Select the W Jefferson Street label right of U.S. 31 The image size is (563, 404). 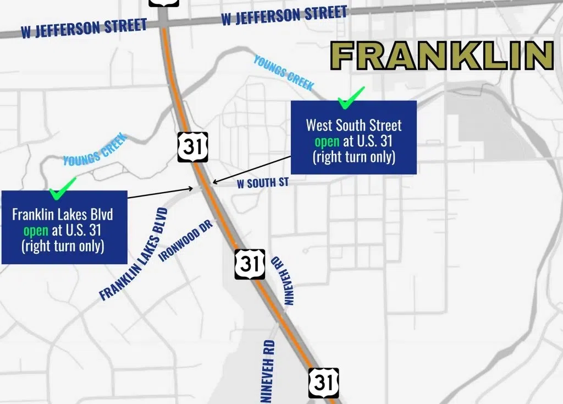click(284, 15)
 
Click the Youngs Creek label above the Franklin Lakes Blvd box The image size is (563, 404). click(95, 150)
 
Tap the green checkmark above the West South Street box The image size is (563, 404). click(351, 97)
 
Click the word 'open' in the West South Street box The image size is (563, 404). click(327, 141)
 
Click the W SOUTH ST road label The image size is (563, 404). click(262, 183)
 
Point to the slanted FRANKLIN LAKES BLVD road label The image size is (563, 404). click(133, 254)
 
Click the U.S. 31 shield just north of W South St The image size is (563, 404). click(193, 146)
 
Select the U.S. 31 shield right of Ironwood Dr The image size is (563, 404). click(250, 264)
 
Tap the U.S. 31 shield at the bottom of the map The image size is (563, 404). click(323, 383)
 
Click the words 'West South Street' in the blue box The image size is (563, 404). click(354, 125)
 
